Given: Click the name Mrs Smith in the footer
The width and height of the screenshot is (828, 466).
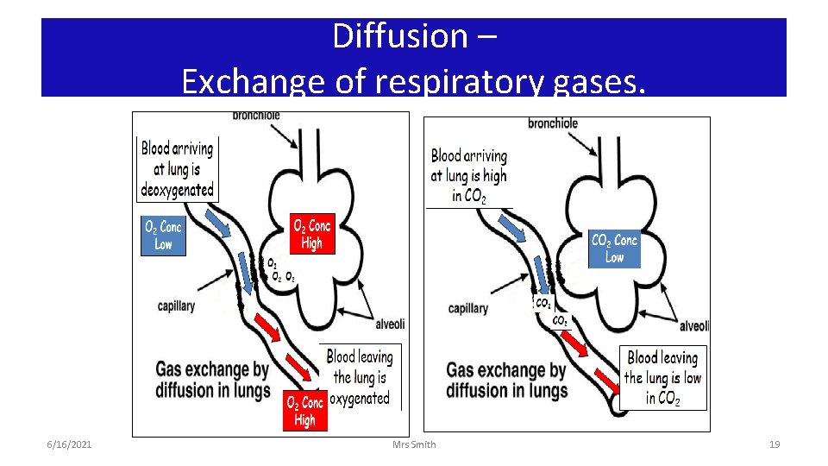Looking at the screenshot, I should click(414, 444).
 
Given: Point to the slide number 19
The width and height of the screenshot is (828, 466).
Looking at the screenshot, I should click(774, 444).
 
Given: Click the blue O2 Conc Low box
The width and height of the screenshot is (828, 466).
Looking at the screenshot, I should click(163, 235).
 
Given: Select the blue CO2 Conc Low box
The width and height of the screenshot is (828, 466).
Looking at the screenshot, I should click(614, 249).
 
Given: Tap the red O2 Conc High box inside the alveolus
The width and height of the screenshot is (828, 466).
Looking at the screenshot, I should click(311, 234).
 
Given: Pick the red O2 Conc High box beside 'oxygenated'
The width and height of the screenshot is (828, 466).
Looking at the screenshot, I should click(304, 412).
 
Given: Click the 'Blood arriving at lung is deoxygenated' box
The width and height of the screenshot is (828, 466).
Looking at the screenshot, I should click(177, 169).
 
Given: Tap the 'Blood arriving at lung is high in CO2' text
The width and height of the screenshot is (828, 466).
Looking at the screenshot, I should click(469, 176).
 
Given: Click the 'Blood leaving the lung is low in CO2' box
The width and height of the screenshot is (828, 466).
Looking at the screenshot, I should click(662, 378).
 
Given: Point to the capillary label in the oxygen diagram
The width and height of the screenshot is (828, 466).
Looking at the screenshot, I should click(176, 305).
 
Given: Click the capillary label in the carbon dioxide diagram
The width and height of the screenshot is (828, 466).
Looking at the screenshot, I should click(468, 308).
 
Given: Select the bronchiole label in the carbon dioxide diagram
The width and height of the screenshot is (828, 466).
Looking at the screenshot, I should click(553, 123).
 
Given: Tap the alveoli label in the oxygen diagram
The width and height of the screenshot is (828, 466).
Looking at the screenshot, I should click(390, 324).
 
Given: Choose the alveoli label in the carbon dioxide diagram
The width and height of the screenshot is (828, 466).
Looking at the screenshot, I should click(694, 326).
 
